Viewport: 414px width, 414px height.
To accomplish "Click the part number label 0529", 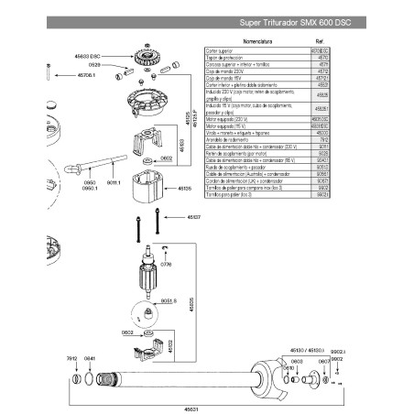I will [107, 66].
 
